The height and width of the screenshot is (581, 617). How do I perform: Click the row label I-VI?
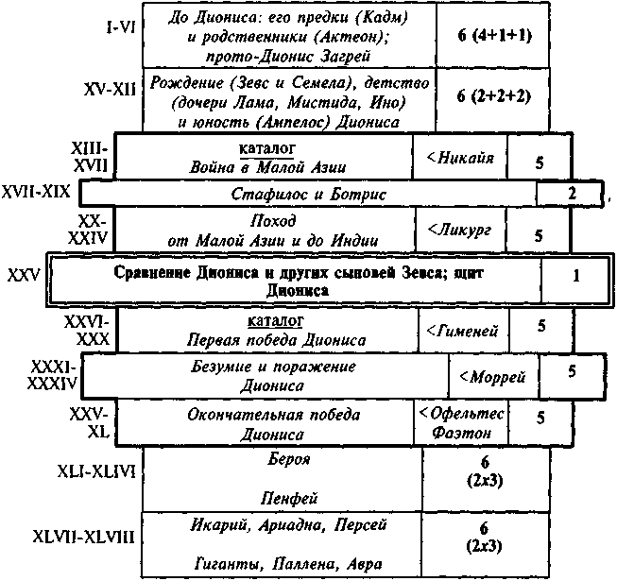click(x=121, y=27)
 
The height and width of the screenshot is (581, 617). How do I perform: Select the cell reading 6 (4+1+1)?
click(x=494, y=35)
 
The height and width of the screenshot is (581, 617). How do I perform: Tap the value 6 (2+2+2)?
click(x=494, y=95)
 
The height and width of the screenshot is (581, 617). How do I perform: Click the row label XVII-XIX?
click(x=36, y=192)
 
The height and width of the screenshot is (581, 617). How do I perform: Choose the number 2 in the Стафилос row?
click(x=572, y=193)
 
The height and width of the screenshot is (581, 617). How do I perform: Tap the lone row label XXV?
click(x=24, y=276)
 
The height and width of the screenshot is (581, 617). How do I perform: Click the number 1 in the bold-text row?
click(x=576, y=276)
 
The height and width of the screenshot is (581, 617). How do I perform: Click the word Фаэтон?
click(x=461, y=433)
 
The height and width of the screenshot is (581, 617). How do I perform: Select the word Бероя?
click(x=289, y=459)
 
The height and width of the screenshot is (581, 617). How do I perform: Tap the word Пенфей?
click(x=289, y=499)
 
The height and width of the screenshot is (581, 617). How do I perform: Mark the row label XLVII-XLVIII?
click(x=84, y=537)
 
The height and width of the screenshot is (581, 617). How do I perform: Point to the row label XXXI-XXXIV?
click(x=52, y=375)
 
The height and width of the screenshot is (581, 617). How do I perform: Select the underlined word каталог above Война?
click(x=266, y=149)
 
